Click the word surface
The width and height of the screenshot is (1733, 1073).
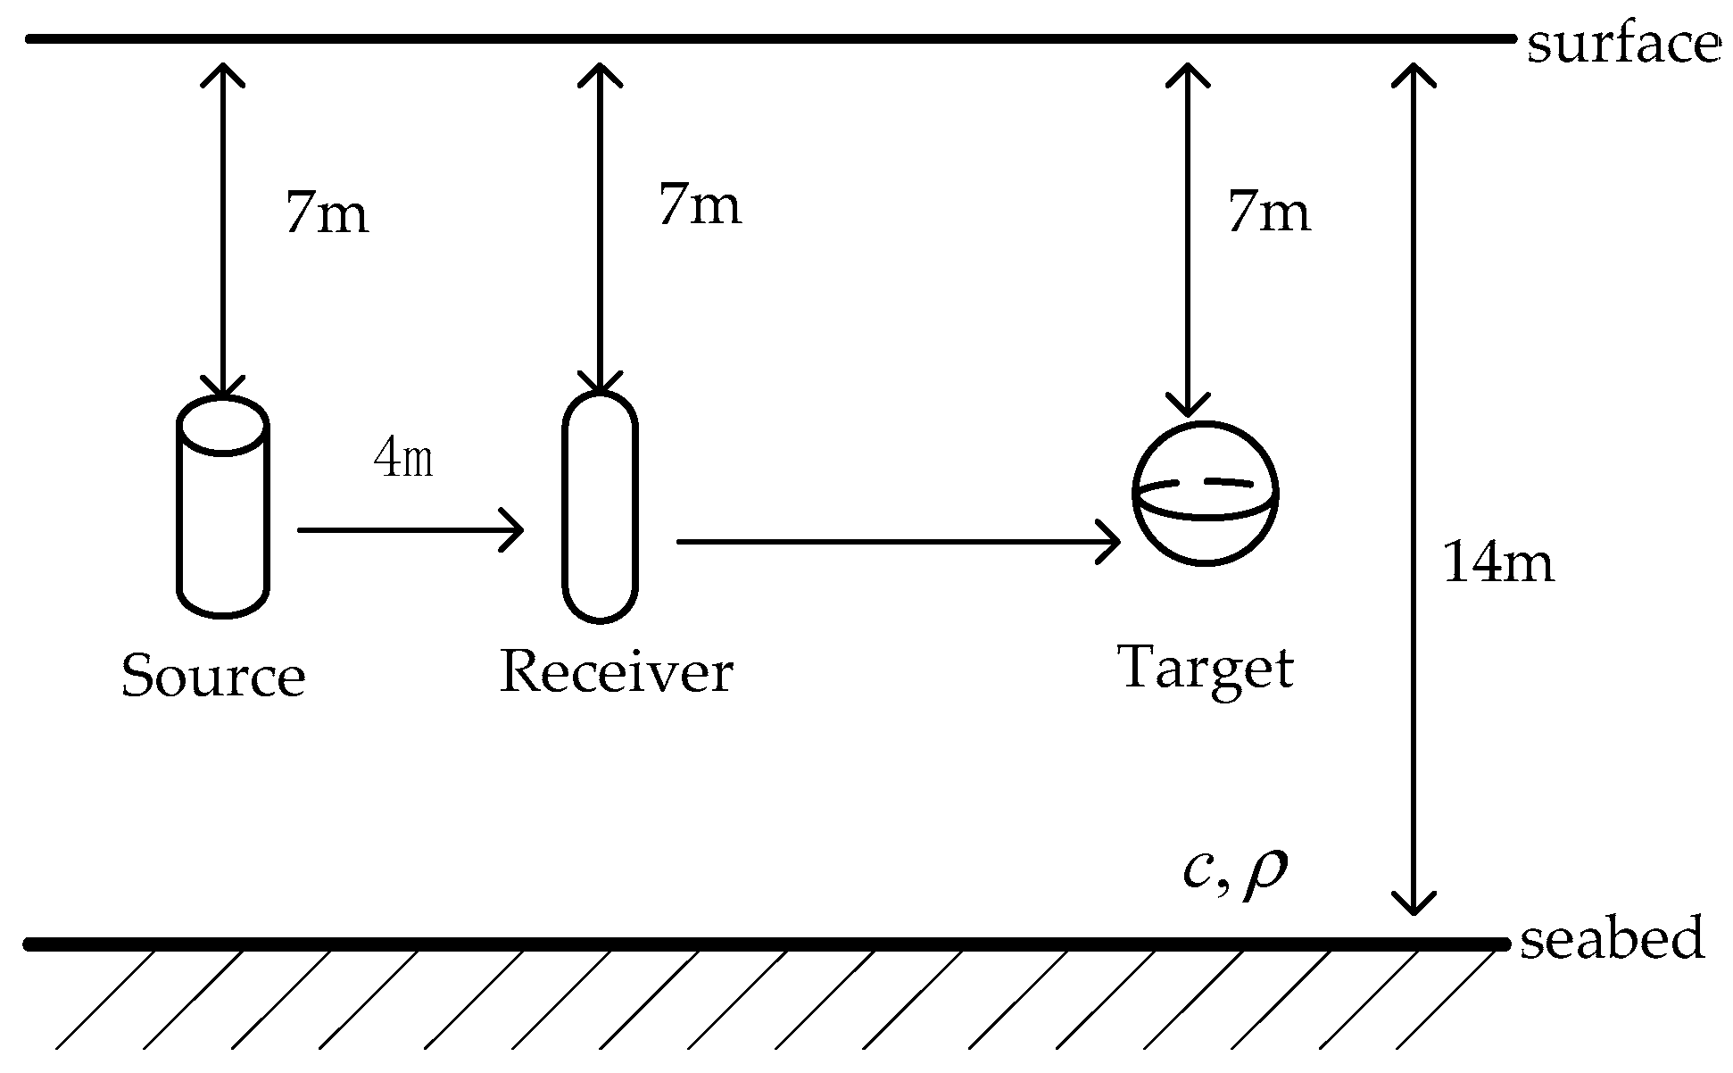coord(1623,45)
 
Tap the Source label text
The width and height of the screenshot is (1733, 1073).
coord(213,676)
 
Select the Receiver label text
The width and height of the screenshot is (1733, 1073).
coord(616,671)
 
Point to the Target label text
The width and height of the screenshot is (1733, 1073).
coord(1205,669)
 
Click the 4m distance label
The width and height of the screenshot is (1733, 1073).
coord(403,461)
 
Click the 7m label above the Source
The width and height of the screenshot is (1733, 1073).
coord(327,214)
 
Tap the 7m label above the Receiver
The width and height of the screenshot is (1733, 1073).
coord(700,205)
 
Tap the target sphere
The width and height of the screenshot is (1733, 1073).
coord(1206,494)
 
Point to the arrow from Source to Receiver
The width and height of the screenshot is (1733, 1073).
coord(410,530)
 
